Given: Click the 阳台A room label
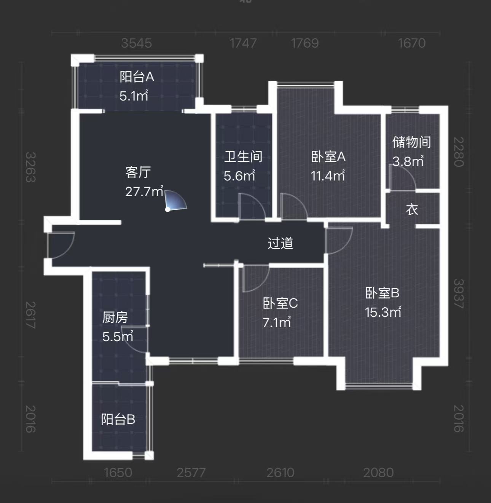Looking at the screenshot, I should tap(137, 77).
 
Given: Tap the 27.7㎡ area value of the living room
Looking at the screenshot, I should tap(144, 191).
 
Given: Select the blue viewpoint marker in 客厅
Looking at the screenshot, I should tap(175, 202).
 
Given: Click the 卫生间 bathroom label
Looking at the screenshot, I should tap(243, 156).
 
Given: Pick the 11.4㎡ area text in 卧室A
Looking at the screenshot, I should tap(328, 176).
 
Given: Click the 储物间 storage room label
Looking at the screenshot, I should tap(411, 142).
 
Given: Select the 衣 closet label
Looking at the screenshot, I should tap(412, 209).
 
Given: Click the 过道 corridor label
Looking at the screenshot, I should tap(280, 243).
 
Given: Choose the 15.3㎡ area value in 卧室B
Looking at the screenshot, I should tap(383, 312).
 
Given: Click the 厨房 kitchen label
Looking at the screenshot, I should tap(115, 317).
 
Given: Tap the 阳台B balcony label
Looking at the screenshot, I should tap(118, 420).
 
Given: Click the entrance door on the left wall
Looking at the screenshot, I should tap(60, 244).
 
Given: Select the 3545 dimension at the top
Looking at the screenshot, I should tap(136, 43).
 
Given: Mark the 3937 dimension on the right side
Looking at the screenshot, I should tap(459, 294).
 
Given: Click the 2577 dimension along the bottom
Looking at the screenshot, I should tap(191, 473).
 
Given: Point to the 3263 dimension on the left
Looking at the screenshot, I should tap(30, 167).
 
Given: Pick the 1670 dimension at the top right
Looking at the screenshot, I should tap(411, 43).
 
